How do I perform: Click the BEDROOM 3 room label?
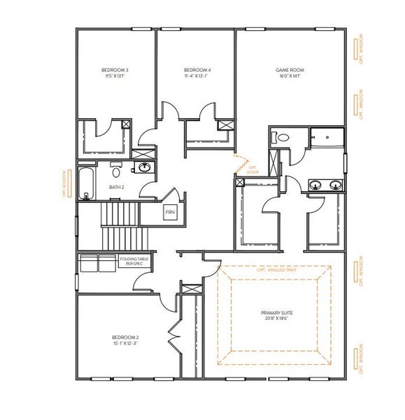click(x=115, y=71)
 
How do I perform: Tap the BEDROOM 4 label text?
click(x=197, y=71)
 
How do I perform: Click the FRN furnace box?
click(x=170, y=211)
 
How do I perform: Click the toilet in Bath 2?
click(x=117, y=169)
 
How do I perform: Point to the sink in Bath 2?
click(x=145, y=168)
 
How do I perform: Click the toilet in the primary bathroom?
click(x=282, y=139)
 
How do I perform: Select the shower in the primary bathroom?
click(x=327, y=138)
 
